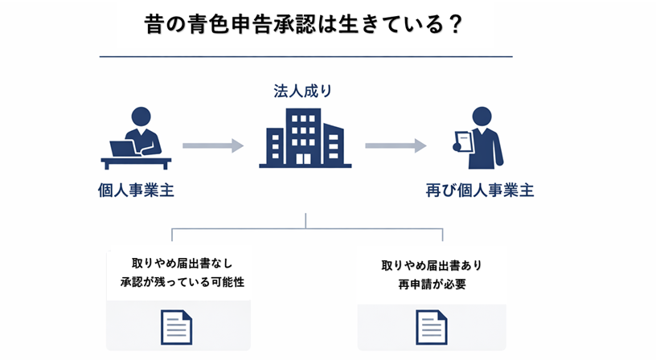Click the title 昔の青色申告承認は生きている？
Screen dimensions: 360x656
304,24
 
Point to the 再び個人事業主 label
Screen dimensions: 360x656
479,190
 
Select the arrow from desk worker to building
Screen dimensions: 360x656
212,145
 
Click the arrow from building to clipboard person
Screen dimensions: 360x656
396,145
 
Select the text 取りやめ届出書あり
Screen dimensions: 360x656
431,265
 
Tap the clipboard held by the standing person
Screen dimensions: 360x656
463,142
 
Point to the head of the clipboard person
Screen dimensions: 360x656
482,116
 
